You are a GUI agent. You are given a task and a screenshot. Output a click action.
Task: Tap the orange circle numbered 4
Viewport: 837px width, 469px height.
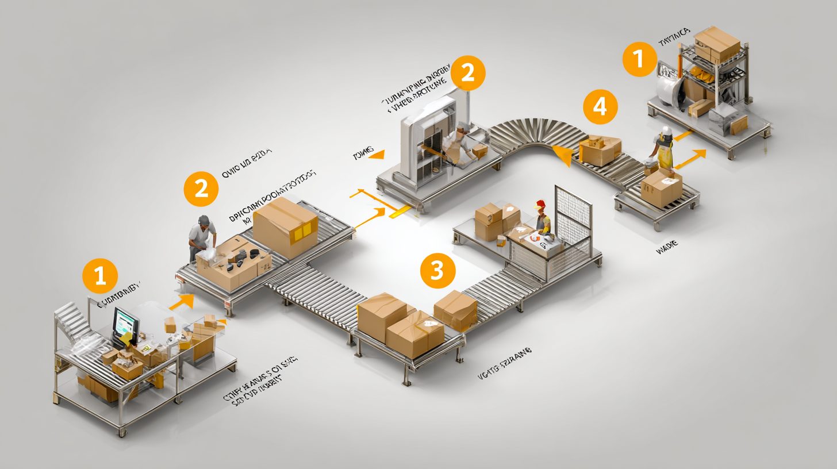tap(600, 107)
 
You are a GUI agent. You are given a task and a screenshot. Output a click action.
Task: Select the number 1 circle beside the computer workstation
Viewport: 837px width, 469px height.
tap(100, 276)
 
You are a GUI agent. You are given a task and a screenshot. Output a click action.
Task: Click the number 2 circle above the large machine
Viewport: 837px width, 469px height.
tap(468, 73)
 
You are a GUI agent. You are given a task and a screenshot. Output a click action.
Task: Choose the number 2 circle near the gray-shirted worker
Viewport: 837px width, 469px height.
tap(201, 189)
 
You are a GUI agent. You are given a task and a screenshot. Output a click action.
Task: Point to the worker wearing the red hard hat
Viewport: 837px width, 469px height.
tap(542, 218)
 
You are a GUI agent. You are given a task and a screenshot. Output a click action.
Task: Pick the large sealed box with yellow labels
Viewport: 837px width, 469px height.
tap(286, 227)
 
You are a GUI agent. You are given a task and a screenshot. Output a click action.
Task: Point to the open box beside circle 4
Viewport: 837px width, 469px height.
tap(600, 149)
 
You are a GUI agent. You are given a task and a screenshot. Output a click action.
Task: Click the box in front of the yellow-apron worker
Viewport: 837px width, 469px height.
tap(661, 188)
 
